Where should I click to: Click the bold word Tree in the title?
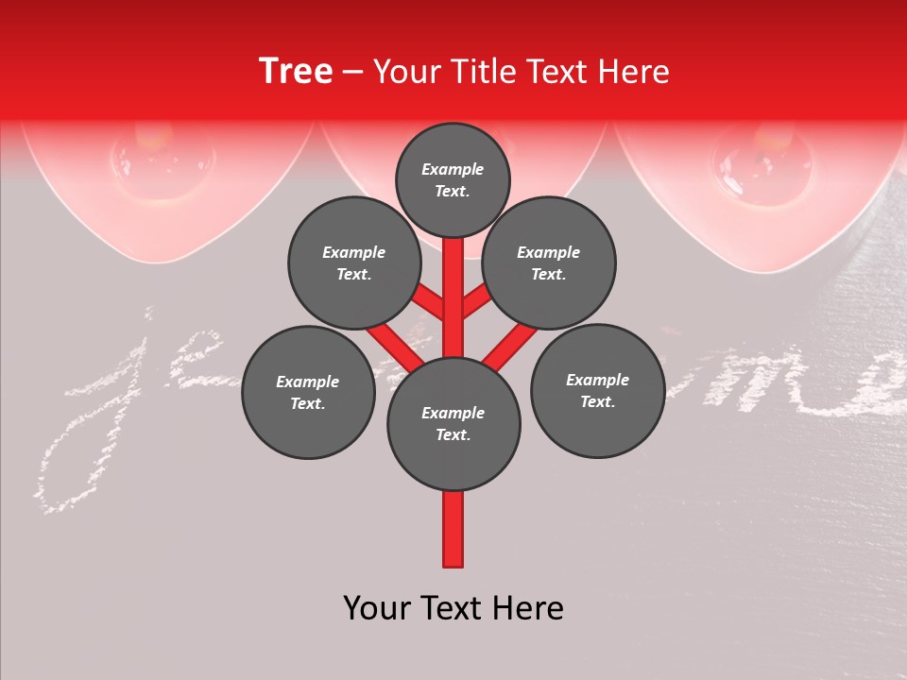pos(296,71)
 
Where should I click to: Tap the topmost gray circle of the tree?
pos(453,179)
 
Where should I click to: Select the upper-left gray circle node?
pos(353,263)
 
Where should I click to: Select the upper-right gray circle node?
pos(548,263)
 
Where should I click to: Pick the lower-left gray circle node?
pos(308,392)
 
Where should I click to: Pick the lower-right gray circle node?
pos(597,390)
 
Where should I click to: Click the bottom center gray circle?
pos(453,423)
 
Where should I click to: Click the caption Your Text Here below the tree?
pos(453,608)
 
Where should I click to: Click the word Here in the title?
pos(634,72)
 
